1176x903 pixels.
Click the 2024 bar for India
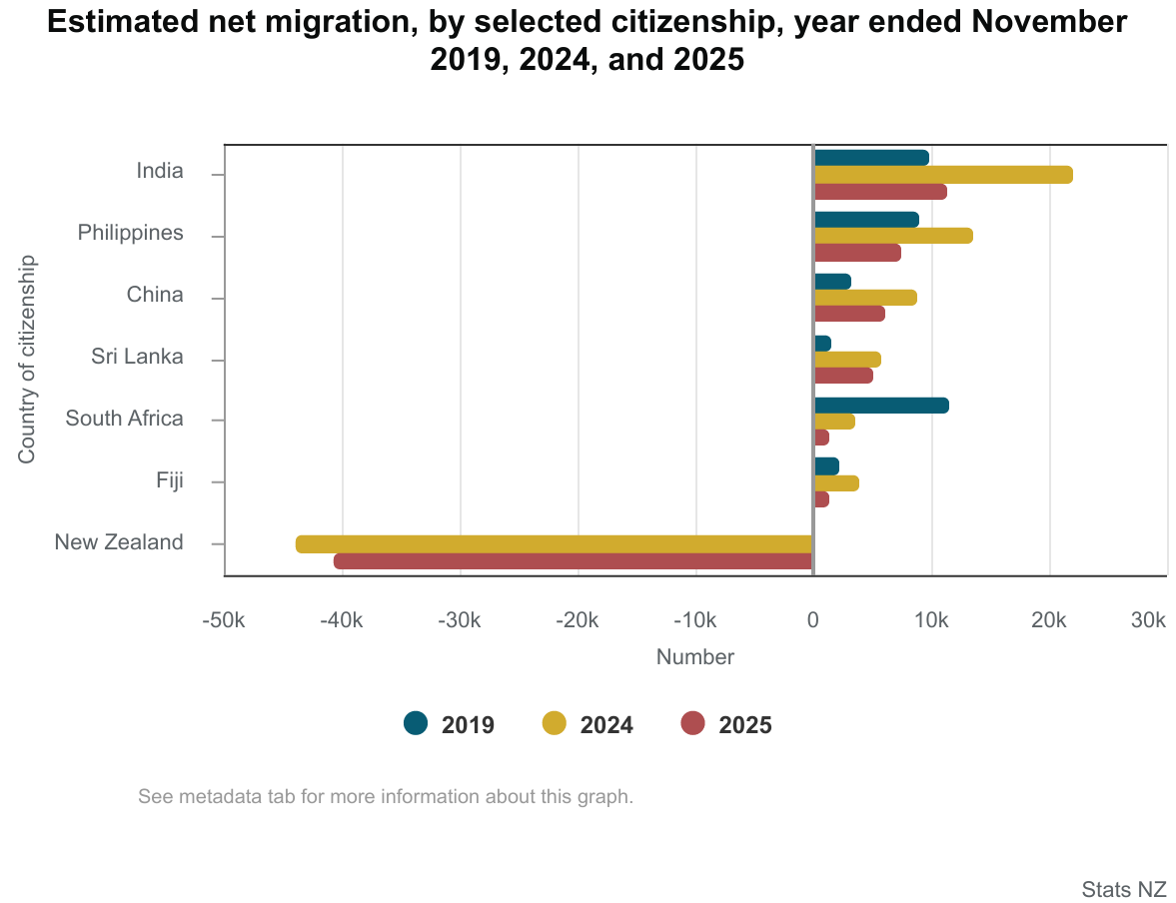(x=942, y=175)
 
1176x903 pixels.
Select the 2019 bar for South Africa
(x=880, y=406)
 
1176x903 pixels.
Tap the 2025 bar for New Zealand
(x=574, y=561)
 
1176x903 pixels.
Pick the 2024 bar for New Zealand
(x=555, y=544)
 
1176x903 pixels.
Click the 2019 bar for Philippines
(x=865, y=220)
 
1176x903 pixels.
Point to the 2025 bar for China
(x=848, y=314)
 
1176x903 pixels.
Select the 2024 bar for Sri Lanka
(x=846, y=360)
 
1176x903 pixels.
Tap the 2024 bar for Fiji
(x=835, y=483)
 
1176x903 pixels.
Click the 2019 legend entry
(x=450, y=724)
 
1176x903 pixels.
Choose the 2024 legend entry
(x=588, y=724)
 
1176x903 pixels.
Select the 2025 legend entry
(x=726, y=724)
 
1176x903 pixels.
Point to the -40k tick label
(x=341, y=620)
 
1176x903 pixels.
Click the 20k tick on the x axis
(x=1049, y=620)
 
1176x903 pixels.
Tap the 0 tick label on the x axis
(x=813, y=620)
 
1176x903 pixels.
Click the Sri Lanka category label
(x=137, y=357)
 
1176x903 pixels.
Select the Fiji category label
(x=169, y=480)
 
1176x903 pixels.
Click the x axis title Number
(x=694, y=657)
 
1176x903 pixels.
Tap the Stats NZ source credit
(x=1123, y=889)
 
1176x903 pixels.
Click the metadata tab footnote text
(x=386, y=797)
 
